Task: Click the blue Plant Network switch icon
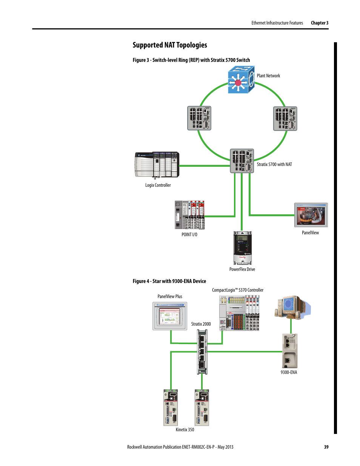pos(241,80)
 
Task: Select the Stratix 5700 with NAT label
pos(274,165)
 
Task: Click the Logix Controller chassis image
pos(157,165)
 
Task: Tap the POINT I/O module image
pos(189,215)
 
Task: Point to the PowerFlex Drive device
pos(242,248)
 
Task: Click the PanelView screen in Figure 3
pos(311,215)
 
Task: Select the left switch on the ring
pos(199,118)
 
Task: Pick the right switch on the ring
pos(285,118)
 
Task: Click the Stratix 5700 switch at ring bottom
pos(242,161)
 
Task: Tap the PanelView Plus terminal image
pos(170,316)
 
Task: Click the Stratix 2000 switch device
pos(202,352)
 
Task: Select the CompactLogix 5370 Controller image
pos(239,313)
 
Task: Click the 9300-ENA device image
pos(289,351)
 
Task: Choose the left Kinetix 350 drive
pos(171,408)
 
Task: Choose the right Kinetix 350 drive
pos(202,408)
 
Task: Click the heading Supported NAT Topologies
pos(170,45)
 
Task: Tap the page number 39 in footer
pos(326,447)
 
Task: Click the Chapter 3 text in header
pos(319,23)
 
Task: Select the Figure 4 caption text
pos(169,281)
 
